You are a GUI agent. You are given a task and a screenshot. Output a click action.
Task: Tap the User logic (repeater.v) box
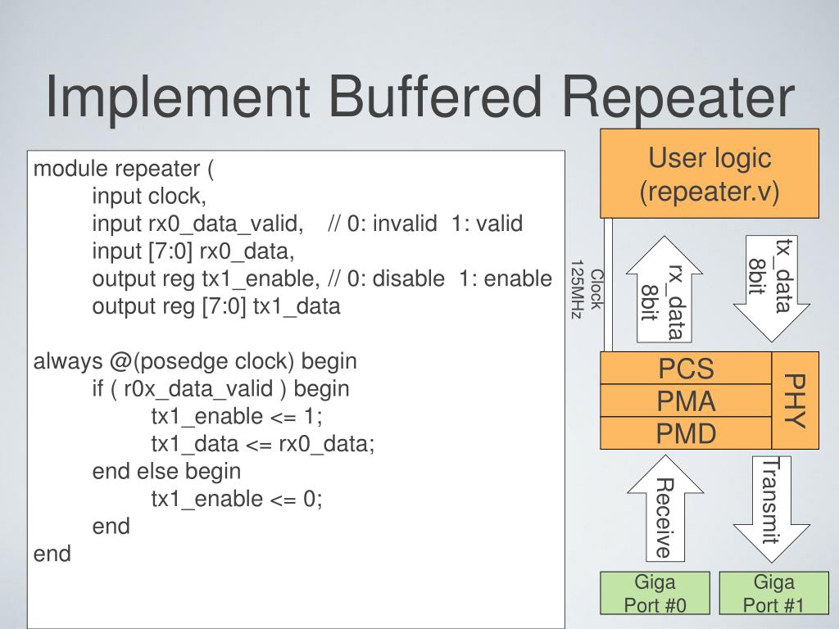(x=710, y=173)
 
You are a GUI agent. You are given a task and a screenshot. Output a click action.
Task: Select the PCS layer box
(x=686, y=369)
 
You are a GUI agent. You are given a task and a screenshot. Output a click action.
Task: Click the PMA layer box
(x=686, y=401)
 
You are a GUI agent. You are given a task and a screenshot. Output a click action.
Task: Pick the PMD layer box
(x=686, y=432)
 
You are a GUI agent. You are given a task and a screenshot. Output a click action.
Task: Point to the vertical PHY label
(x=796, y=400)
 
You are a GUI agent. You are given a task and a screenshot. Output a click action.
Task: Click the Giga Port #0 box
(x=655, y=594)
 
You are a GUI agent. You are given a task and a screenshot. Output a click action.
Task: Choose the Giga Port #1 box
(x=773, y=594)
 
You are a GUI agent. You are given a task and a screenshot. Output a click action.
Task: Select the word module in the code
(x=70, y=169)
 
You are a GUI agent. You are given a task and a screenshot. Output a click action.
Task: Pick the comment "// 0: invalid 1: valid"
(x=424, y=224)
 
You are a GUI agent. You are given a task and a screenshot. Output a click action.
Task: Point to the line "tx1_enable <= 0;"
(x=237, y=499)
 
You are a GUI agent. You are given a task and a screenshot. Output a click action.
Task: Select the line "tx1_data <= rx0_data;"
(x=262, y=443)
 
